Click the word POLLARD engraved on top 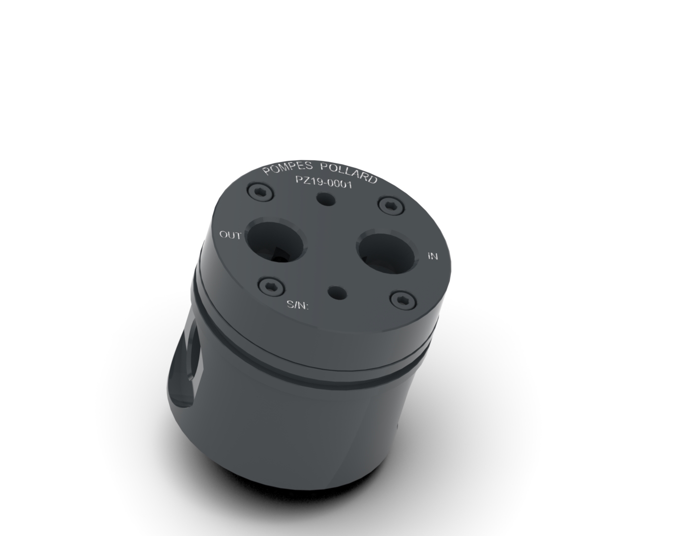[349, 173]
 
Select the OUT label [230, 235]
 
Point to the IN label [433, 256]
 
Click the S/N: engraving [297, 305]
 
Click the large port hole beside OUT [275, 241]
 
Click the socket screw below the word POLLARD [391, 205]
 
